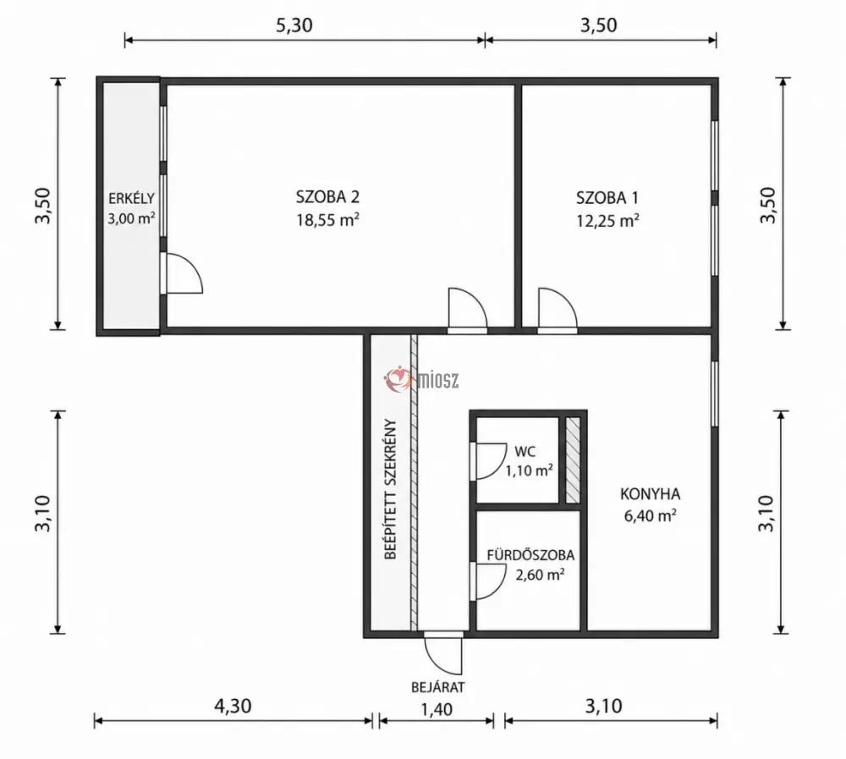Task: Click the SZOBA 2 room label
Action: [327, 197]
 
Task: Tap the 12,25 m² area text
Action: [608, 221]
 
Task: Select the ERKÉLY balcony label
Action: [132, 199]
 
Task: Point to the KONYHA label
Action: [650, 494]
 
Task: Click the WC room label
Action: [525, 451]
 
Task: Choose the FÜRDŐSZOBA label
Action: [531, 555]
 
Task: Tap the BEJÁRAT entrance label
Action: [437, 687]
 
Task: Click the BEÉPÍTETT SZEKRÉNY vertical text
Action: [390, 490]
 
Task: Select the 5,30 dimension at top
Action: [294, 25]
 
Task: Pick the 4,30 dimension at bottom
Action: [233, 706]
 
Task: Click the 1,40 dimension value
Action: [437, 709]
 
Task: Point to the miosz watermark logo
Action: [421, 379]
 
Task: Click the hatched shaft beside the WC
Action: [573, 460]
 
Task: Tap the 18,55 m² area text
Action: [327, 220]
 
